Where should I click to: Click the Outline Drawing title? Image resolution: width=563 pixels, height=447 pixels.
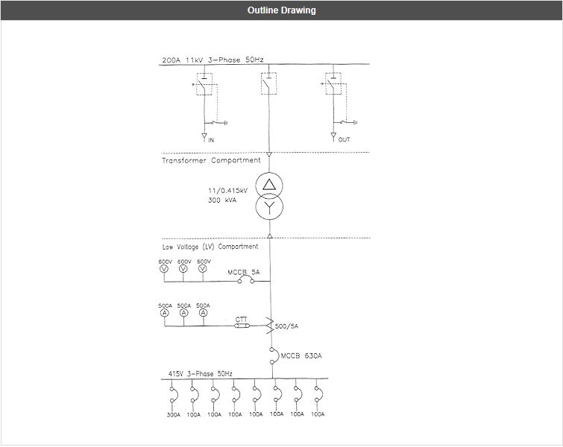coord(281,10)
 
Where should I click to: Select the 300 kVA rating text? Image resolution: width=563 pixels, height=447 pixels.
coord(223,200)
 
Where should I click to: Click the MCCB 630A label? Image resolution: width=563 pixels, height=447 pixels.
coord(301,355)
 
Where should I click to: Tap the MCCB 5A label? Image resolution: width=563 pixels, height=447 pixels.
coord(244,273)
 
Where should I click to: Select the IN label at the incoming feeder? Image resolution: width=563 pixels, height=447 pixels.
coord(211,140)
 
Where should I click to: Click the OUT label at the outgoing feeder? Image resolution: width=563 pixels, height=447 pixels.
coord(344,140)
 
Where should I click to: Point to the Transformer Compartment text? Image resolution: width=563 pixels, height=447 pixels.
coord(211,160)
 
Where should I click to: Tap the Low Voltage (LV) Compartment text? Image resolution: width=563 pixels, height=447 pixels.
coord(210,247)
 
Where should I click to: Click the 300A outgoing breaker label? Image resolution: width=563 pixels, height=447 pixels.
coord(173,414)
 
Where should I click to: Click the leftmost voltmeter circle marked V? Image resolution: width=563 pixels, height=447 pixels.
coord(165,268)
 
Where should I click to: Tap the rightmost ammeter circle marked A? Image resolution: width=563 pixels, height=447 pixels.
coord(203,313)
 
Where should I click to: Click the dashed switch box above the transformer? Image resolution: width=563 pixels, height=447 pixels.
coord(268,83)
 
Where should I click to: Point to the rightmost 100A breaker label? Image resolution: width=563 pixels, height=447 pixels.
coord(318,414)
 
